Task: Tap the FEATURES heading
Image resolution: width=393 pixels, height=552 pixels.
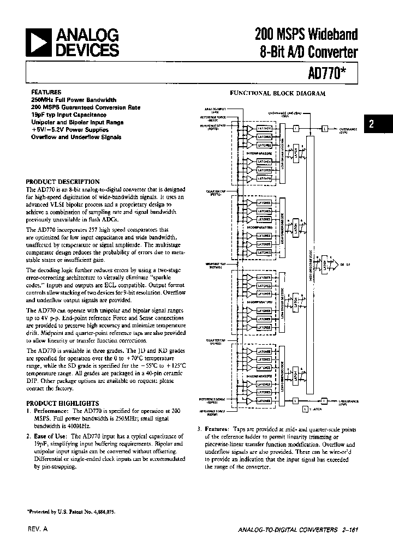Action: (x=46, y=92)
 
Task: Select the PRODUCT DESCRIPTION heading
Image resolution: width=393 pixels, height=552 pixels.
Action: (x=63, y=182)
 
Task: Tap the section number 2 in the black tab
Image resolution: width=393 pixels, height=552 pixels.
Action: (x=371, y=124)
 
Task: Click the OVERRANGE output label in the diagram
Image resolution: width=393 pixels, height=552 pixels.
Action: (x=348, y=130)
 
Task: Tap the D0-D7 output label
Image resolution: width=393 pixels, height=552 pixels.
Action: (x=345, y=263)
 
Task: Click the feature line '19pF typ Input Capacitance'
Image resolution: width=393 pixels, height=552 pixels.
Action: (x=69, y=115)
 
